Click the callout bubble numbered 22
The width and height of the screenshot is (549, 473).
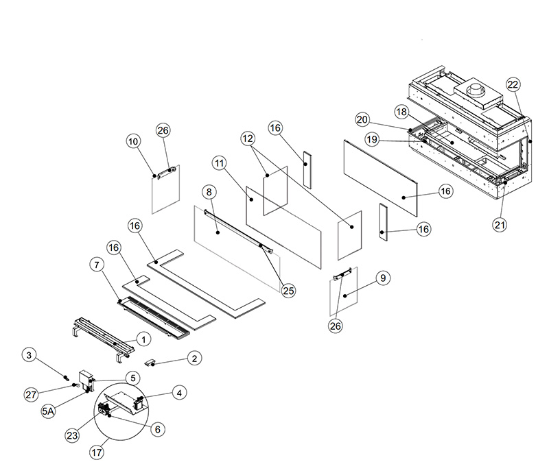click(513, 84)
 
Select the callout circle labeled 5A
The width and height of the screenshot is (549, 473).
click(49, 411)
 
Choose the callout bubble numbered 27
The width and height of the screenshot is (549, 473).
click(30, 394)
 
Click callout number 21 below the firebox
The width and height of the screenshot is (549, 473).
click(499, 223)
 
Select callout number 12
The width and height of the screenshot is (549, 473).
click(248, 139)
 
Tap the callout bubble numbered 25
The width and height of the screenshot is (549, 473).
click(288, 291)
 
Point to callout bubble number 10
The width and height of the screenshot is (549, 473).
click(133, 142)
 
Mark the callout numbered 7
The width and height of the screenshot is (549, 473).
click(96, 263)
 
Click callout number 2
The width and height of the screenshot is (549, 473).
click(194, 358)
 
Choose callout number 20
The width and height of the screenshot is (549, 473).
click(362, 119)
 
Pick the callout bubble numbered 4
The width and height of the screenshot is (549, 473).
click(178, 393)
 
